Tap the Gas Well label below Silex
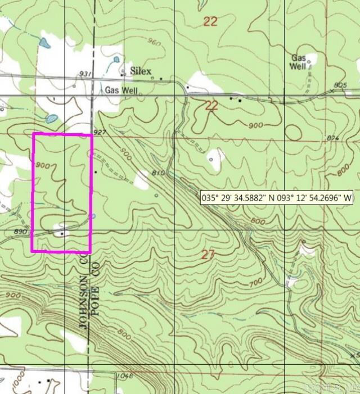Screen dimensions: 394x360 (121, 90)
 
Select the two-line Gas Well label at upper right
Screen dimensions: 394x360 (299, 62)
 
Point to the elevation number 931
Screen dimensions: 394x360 (85, 74)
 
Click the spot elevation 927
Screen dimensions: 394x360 (101, 132)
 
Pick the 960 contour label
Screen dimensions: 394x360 (138, 42)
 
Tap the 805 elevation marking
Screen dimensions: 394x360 (340, 85)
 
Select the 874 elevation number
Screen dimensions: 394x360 (334, 138)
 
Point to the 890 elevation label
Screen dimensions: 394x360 (21, 232)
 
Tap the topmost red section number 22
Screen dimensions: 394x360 (210, 22)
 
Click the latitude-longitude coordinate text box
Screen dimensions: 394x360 (276, 197)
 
